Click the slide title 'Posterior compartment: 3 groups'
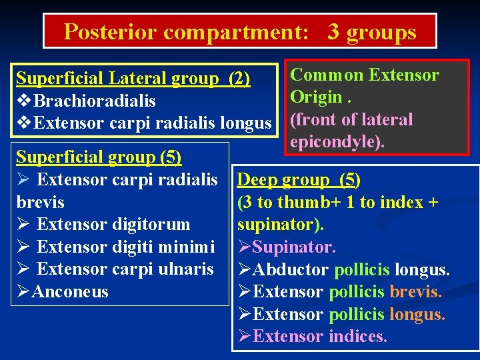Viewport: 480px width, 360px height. click(x=239, y=31)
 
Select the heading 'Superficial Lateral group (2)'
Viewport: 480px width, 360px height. click(x=133, y=79)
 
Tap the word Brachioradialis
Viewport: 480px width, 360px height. click(x=94, y=101)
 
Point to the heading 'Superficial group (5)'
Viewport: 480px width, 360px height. click(x=99, y=157)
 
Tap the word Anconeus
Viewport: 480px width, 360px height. click(x=70, y=291)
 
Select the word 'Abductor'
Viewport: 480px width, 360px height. click(x=291, y=269)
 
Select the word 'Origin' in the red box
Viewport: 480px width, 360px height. click(x=315, y=97)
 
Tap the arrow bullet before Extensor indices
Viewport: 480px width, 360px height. click(x=243, y=336)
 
